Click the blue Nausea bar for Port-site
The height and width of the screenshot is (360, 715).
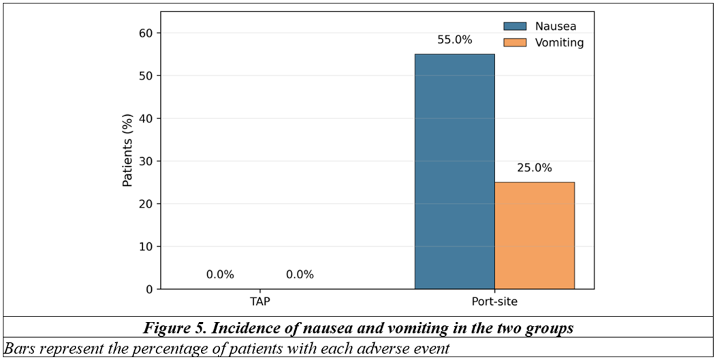[455, 171]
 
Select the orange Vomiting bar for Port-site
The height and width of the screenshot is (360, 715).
[535, 235]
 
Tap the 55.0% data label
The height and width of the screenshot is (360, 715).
[455, 40]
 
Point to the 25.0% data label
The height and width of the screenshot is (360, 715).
[535, 168]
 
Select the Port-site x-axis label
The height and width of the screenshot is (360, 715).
[495, 302]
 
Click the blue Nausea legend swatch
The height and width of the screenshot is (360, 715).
[515, 27]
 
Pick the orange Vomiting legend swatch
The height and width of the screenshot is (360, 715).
[515, 42]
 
